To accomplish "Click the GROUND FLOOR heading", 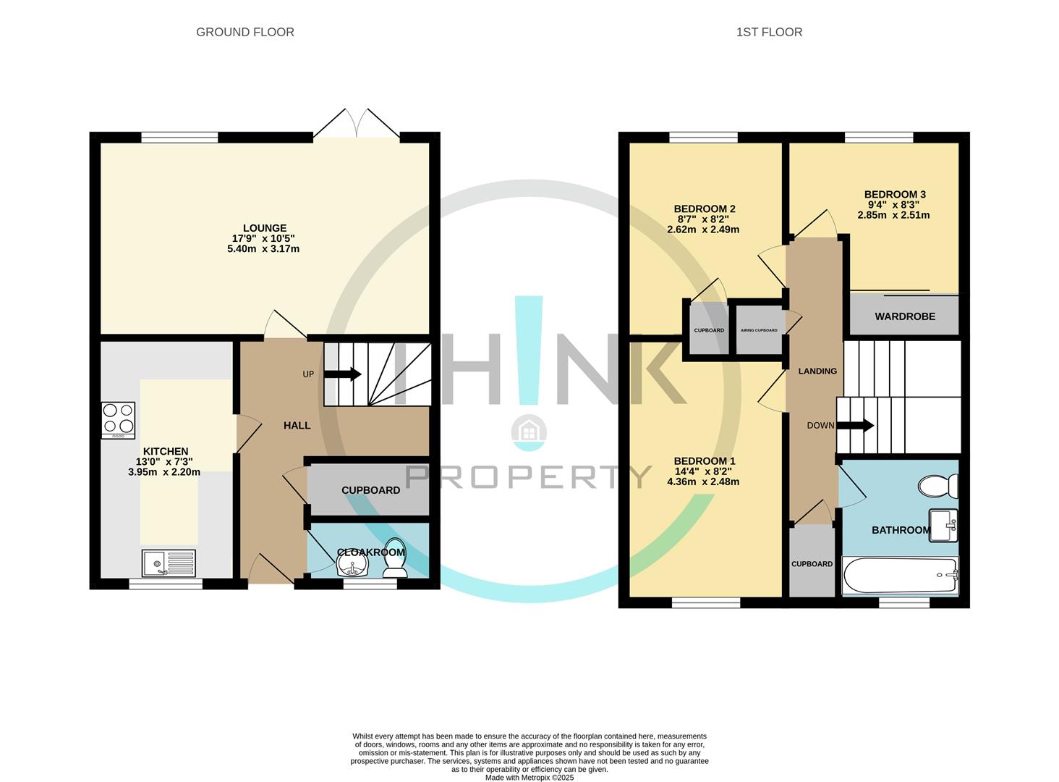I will click(244, 32).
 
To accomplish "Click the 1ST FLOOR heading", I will click(769, 32).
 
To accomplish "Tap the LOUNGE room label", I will click(264, 228).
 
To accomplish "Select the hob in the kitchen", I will click(118, 419).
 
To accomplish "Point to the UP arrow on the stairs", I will click(343, 374).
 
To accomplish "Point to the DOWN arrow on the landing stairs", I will click(856, 426).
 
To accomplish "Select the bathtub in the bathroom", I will click(900, 576).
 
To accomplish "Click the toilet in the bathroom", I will click(938, 486).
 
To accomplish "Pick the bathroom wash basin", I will click(943, 525).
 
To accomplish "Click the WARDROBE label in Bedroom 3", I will click(904, 316).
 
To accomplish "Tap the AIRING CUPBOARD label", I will click(759, 330).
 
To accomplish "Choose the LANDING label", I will click(817, 371).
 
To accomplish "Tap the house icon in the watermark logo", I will click(529, 432).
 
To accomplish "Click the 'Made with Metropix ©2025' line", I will click(529, 777).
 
